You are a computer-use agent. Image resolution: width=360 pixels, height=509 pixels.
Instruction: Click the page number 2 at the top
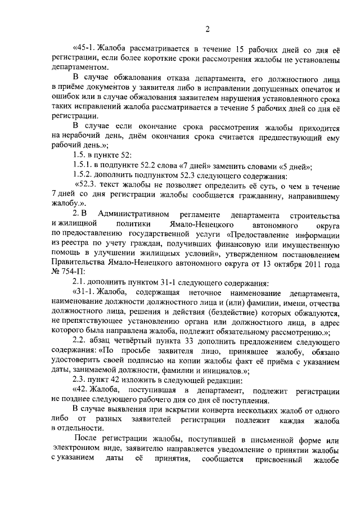point(208,30)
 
